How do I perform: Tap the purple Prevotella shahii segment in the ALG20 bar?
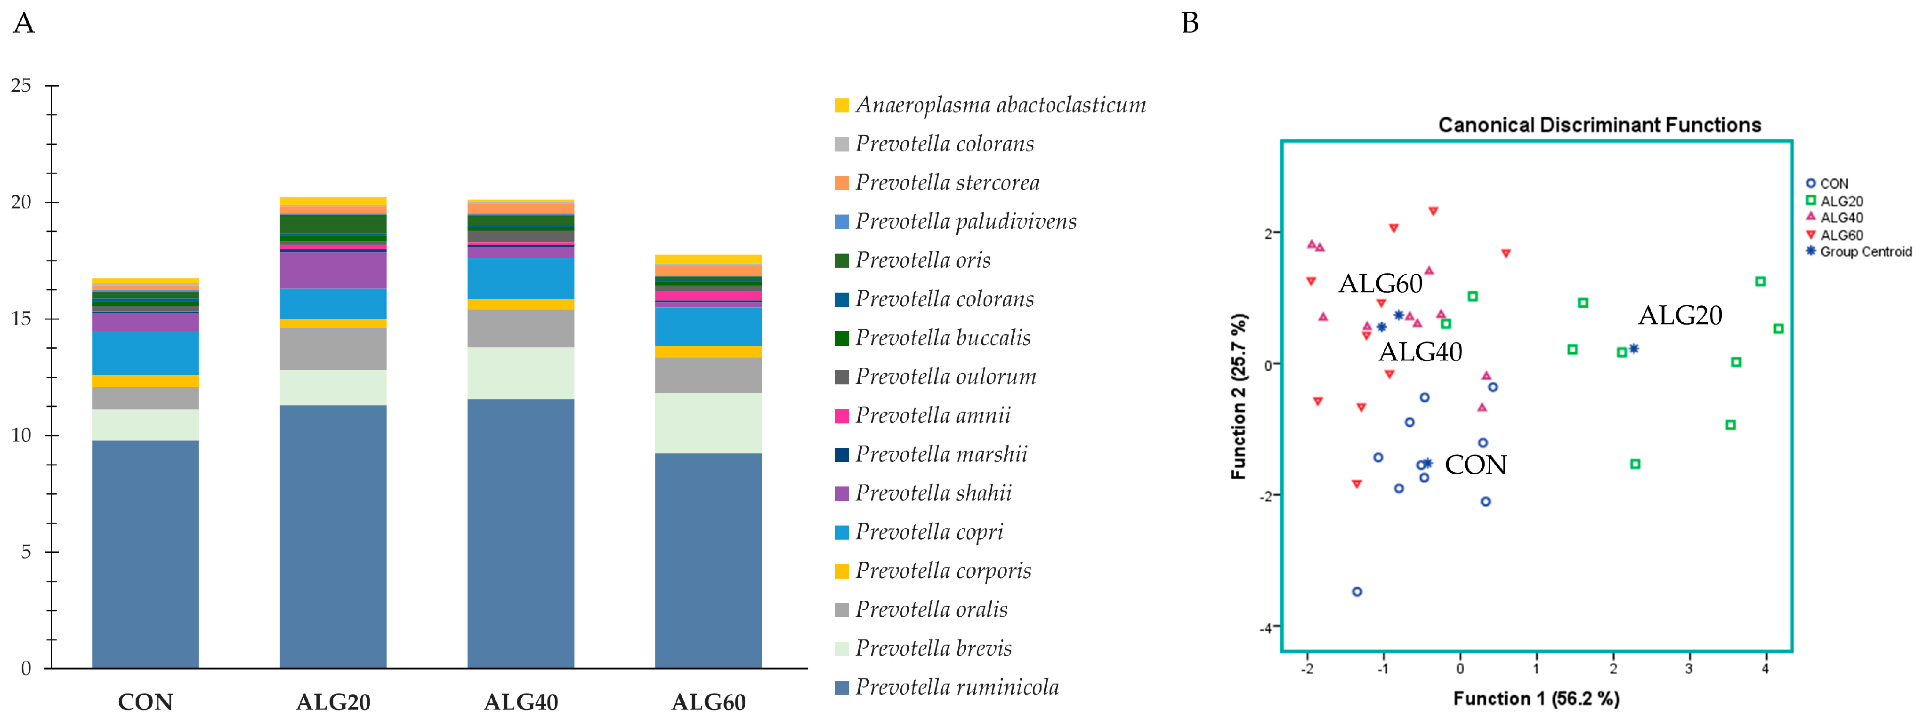(x=333, y=270)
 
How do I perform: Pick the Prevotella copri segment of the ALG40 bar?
(x=521, y=278)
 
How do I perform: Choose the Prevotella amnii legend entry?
(x=933, y=415)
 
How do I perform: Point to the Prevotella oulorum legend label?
(x=945, y=377)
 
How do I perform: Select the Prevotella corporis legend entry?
(x=943, y=571)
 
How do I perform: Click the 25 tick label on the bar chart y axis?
(x=21, y=86)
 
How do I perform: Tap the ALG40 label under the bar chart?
(x=521, y=702)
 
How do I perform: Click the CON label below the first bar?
(x=145, y=702)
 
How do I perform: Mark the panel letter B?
(x=1190, y=23)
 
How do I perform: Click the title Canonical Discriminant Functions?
(x=1599, y=125)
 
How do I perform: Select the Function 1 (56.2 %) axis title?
(x=1535, y=699)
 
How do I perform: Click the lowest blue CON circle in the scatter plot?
(x=1357, y=591)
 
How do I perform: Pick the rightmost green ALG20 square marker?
(x=1779, y=329)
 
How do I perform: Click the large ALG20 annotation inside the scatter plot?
(x=1680, y=316)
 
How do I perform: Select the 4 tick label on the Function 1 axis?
(x=1765, y=669)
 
